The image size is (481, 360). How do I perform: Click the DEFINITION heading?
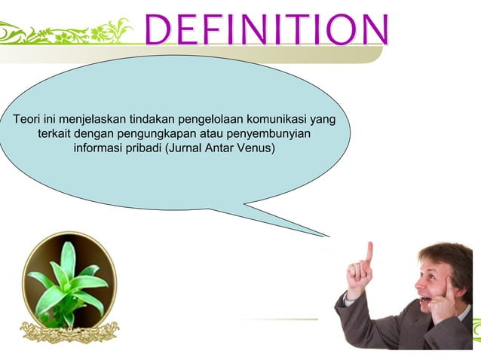(266, 29)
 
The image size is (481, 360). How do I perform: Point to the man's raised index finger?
(369, 252)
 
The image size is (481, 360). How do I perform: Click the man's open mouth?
(427, 299)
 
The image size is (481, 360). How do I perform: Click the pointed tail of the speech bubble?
(317, 229)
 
